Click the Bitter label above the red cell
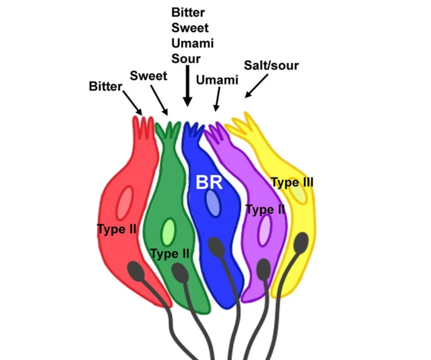click(105, 86)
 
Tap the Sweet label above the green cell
click(148, 76)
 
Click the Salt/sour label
click(272, 65)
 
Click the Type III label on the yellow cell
click(292, 182)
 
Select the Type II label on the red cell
click(116, 230)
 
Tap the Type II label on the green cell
click(170, 253)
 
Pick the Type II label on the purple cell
click(265, 210)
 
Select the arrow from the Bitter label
click(132, 102)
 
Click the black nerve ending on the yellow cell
click(301, 244)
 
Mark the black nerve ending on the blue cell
click(216, 248)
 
